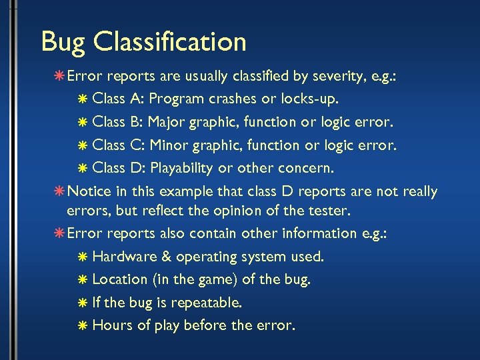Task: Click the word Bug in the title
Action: pyautogui.click(x=63, y=42)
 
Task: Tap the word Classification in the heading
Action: pyautogui.click(x=170, y=42)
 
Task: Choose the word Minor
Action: pyautogui.click(x=169, y=145)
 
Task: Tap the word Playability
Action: pyautogui.click(x=185, y=167)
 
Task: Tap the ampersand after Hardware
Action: pyautogui.click(x=164, y=256)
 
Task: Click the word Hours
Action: pyautogui.click(x=111, y=325)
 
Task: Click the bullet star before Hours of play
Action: pyautogui.click(x=81, y=326)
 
